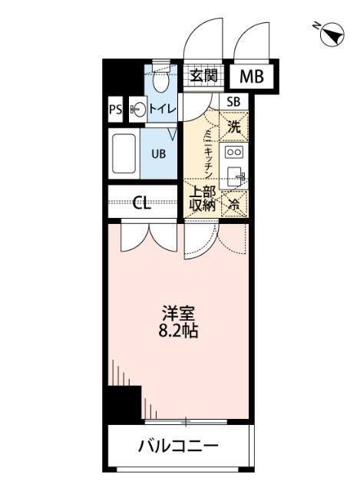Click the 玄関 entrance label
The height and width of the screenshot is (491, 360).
(204, 75)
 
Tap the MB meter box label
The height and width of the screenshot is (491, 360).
(251, 76)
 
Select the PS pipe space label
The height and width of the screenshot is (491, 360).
(115, 110)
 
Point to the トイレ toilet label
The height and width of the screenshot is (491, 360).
(162, 110)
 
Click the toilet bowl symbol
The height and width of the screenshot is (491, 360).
(161, 81)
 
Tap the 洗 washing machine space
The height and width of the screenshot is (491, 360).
(234, 128)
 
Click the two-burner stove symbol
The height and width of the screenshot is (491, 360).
(234, 152)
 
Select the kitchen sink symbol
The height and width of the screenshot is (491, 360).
(235, 176)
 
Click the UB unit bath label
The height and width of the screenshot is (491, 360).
(158, 153)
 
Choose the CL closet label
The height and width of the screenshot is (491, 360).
(141, 203)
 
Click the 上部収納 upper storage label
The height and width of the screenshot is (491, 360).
(202, 199)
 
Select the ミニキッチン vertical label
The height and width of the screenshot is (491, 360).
(207, 152)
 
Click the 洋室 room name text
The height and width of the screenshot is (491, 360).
(177, 314)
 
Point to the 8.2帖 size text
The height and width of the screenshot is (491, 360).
(177, 332)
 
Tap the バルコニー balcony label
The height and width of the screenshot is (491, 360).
(178, 446)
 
